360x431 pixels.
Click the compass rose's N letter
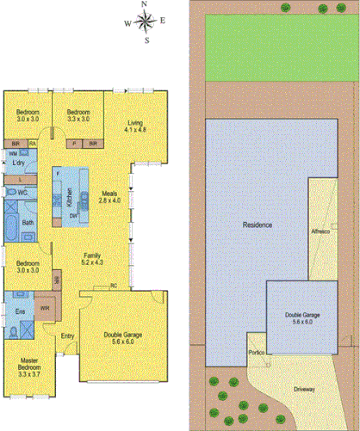pyautogui.click(x=145, y=5)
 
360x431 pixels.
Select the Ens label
pyautogui.click(x=19, y=309)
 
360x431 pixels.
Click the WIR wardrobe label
pyautogui.click(x=45, y=308)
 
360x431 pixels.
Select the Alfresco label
pyautogui.click(x=320, y=233)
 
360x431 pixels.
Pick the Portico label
pyautogui.click(x=256, y=352)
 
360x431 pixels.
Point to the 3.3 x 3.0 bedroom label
pyautogui.click(x=79, y=114)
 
